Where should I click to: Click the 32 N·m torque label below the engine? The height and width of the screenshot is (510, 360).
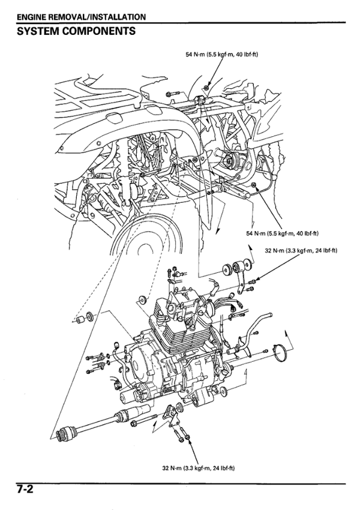199,468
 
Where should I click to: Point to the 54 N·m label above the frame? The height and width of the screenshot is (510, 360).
222,55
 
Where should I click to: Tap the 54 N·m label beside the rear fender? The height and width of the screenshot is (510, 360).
283,233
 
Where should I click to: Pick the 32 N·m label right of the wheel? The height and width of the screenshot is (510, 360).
301,250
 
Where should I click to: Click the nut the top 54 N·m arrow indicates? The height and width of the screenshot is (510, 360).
206,87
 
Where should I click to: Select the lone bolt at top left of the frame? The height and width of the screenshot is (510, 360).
172,94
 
